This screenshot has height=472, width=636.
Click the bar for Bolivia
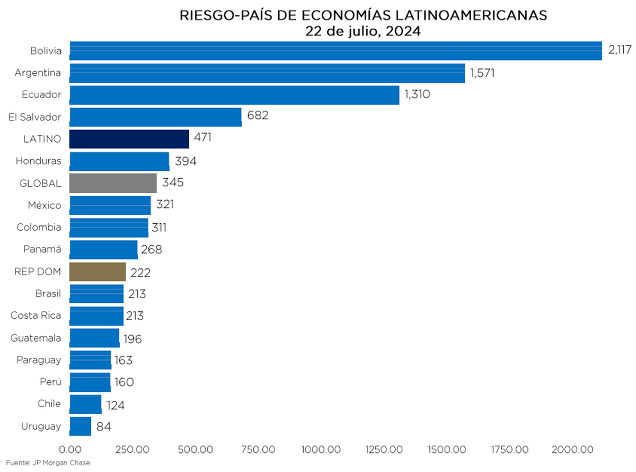coord(335,51)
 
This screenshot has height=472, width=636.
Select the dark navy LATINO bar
coord(129,139)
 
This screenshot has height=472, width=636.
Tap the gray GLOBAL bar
coord(113,183)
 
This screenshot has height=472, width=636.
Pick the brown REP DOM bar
coord(98,272)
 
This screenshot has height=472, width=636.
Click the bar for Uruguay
coord(81,426)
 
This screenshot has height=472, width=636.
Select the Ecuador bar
coord(234,95)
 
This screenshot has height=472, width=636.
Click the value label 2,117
coord(621,50)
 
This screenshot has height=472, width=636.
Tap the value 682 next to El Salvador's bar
coord(258,116)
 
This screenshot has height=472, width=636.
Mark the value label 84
coord(103,426)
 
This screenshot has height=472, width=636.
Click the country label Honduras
coord(38,161)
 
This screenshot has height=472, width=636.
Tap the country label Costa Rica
coord(36,316)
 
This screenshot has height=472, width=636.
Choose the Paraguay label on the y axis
coord(39,360)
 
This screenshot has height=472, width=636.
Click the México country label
coord(45,205)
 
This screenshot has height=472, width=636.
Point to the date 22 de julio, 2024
coord(363,31)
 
